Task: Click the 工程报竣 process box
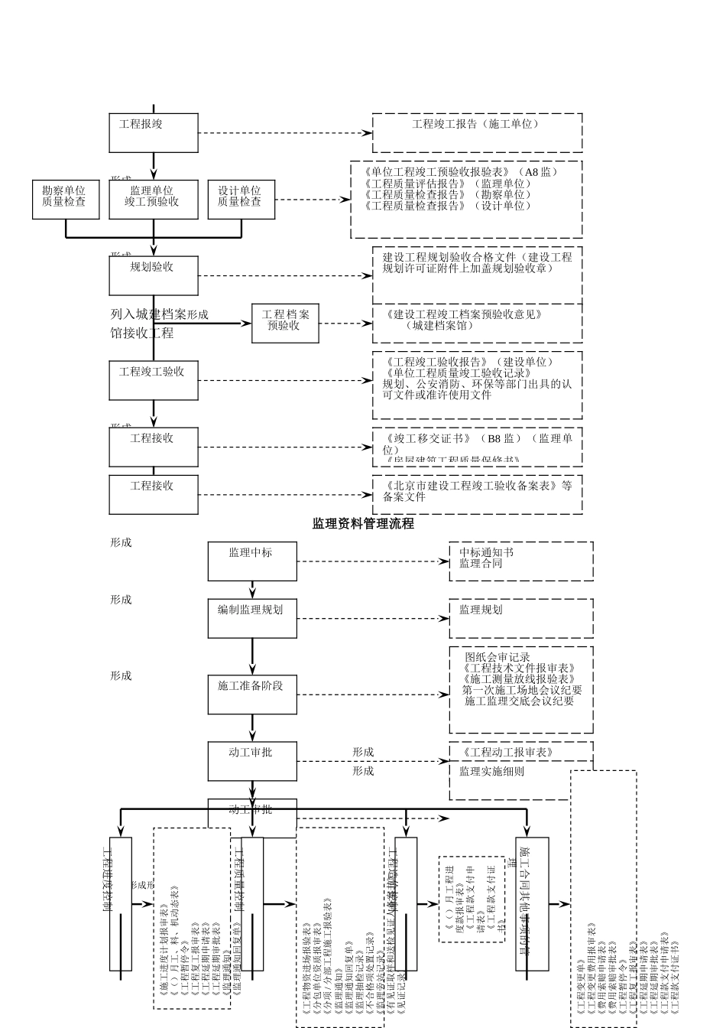pos(154,133)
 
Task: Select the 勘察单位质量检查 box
pos(64,199)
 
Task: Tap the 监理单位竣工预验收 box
pos(154,199)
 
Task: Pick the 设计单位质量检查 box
pos(241,199)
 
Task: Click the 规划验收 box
pos(154,275)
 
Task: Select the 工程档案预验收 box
pos(284,323)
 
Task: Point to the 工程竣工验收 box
pos(154,380)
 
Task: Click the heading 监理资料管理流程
pos(363,524)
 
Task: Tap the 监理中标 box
pos(252,561)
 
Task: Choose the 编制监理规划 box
pos(252,618)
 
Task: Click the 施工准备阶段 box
pos(252,695)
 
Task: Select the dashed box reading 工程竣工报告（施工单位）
pos(477,124)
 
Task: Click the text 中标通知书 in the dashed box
pos(486,552)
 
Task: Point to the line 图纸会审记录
pos(497,657)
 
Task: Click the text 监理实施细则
pos(491,772)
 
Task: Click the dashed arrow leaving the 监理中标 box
pos(373,561)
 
